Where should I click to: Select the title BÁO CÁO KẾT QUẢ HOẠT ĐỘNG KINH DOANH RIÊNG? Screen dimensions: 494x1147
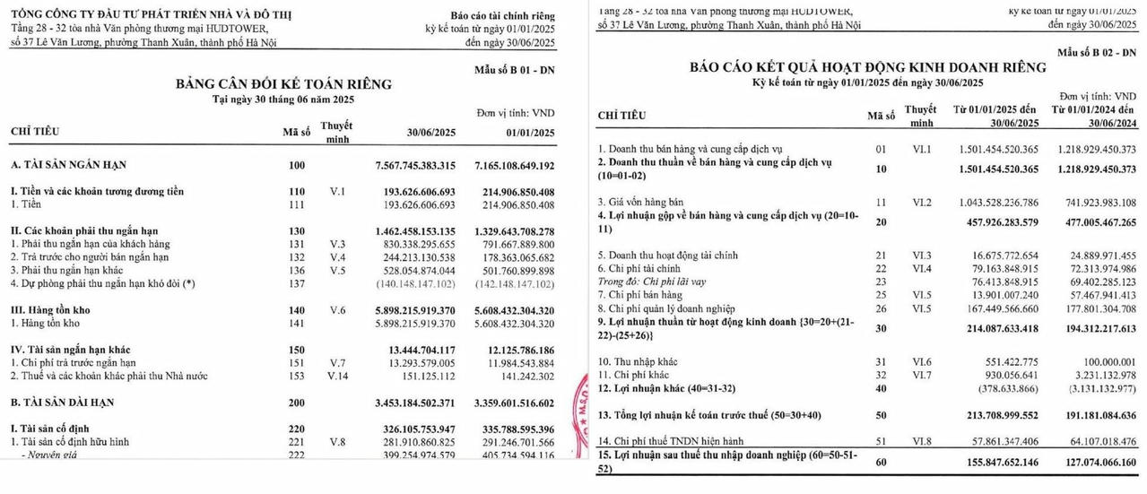coord(867,68)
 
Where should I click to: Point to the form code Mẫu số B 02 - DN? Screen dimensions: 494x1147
coord(1096,54)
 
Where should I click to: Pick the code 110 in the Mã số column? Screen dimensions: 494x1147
coord(296,192)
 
